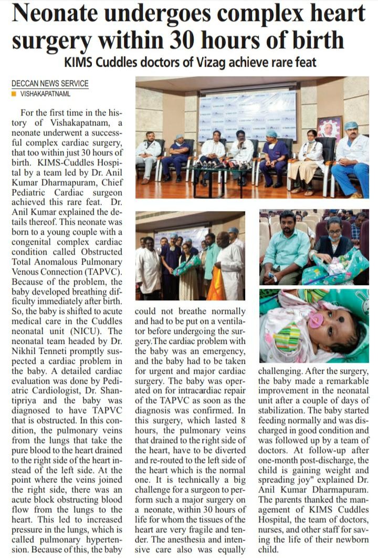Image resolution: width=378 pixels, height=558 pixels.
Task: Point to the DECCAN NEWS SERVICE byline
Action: [x=50, y=83]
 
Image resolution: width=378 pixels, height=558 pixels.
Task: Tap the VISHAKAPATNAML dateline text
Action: [x=45, y=94]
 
